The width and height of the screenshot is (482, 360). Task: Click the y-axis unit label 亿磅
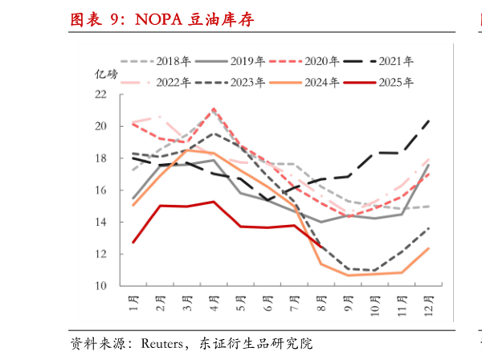coord(107,75)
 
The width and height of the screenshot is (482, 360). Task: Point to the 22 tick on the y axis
coord(100,94)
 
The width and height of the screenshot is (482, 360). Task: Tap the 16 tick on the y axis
coord(100,190)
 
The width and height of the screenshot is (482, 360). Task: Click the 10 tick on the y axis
coord(100,286)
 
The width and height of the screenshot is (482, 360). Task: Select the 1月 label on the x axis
coord(133,304)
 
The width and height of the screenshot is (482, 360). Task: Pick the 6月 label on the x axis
coord(268,304)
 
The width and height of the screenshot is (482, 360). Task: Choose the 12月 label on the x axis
coord(427,305)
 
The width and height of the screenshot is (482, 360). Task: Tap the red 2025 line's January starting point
coord(133,242)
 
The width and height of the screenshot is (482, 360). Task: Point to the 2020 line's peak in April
coord(214,108)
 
